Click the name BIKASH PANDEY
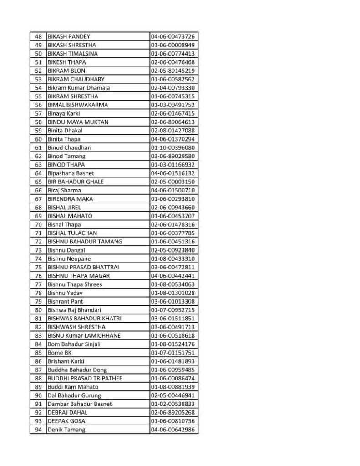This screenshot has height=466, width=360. (69, 36)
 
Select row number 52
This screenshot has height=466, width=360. (38, 71)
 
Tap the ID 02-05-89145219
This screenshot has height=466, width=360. (173, 71)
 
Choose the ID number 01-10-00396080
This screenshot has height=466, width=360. (173, 147)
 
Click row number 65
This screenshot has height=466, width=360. (38, 182)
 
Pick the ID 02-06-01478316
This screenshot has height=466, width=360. (173, 224)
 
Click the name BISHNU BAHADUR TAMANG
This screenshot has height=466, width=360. (85, 242)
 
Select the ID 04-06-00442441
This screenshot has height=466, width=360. (173, 276)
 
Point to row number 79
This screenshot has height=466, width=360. (38, 301)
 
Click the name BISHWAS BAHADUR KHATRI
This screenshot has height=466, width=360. (84, 319)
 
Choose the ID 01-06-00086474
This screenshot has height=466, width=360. (173, 378)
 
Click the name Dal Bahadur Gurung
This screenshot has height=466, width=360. (74, 395)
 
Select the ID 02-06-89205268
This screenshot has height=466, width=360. (173, 412)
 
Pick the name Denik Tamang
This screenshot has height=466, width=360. (66, 430)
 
